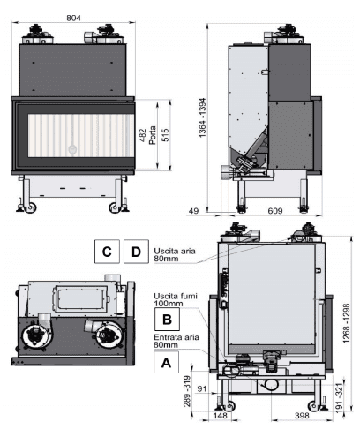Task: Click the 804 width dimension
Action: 73,18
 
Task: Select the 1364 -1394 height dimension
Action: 202,117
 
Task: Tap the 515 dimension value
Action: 166,135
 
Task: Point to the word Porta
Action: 153,135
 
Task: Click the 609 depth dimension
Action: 275,211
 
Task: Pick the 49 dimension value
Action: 193,211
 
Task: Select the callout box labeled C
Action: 107,252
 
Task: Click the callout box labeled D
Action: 136,252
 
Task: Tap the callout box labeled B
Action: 167,319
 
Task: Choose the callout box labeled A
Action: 166,362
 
